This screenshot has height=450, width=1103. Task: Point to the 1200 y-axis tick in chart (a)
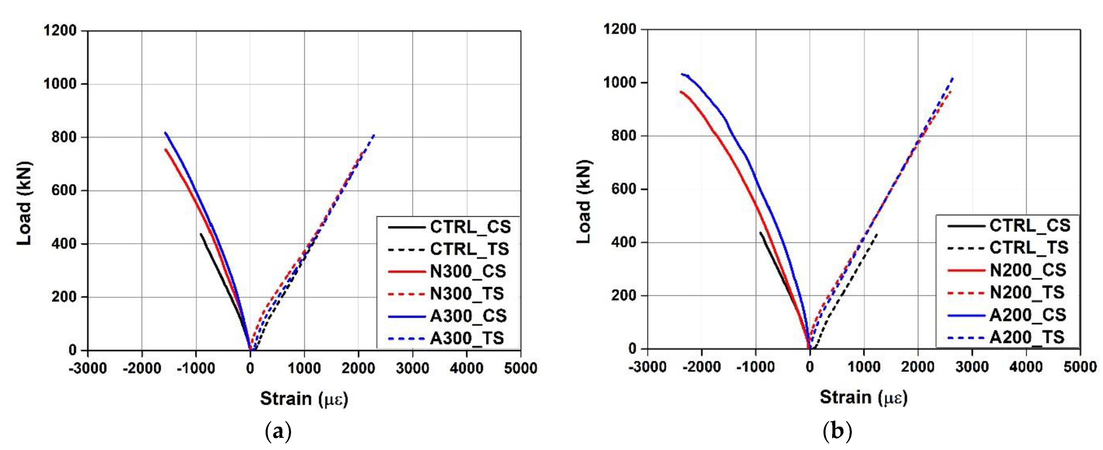(60, 31)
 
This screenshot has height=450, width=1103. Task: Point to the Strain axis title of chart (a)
(304, 399)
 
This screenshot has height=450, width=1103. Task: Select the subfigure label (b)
(838, 431)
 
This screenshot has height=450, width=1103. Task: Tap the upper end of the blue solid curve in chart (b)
(681, 74)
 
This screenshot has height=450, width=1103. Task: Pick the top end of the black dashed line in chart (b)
(877, 234)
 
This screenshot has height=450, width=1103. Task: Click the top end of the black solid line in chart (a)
(200, 234)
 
